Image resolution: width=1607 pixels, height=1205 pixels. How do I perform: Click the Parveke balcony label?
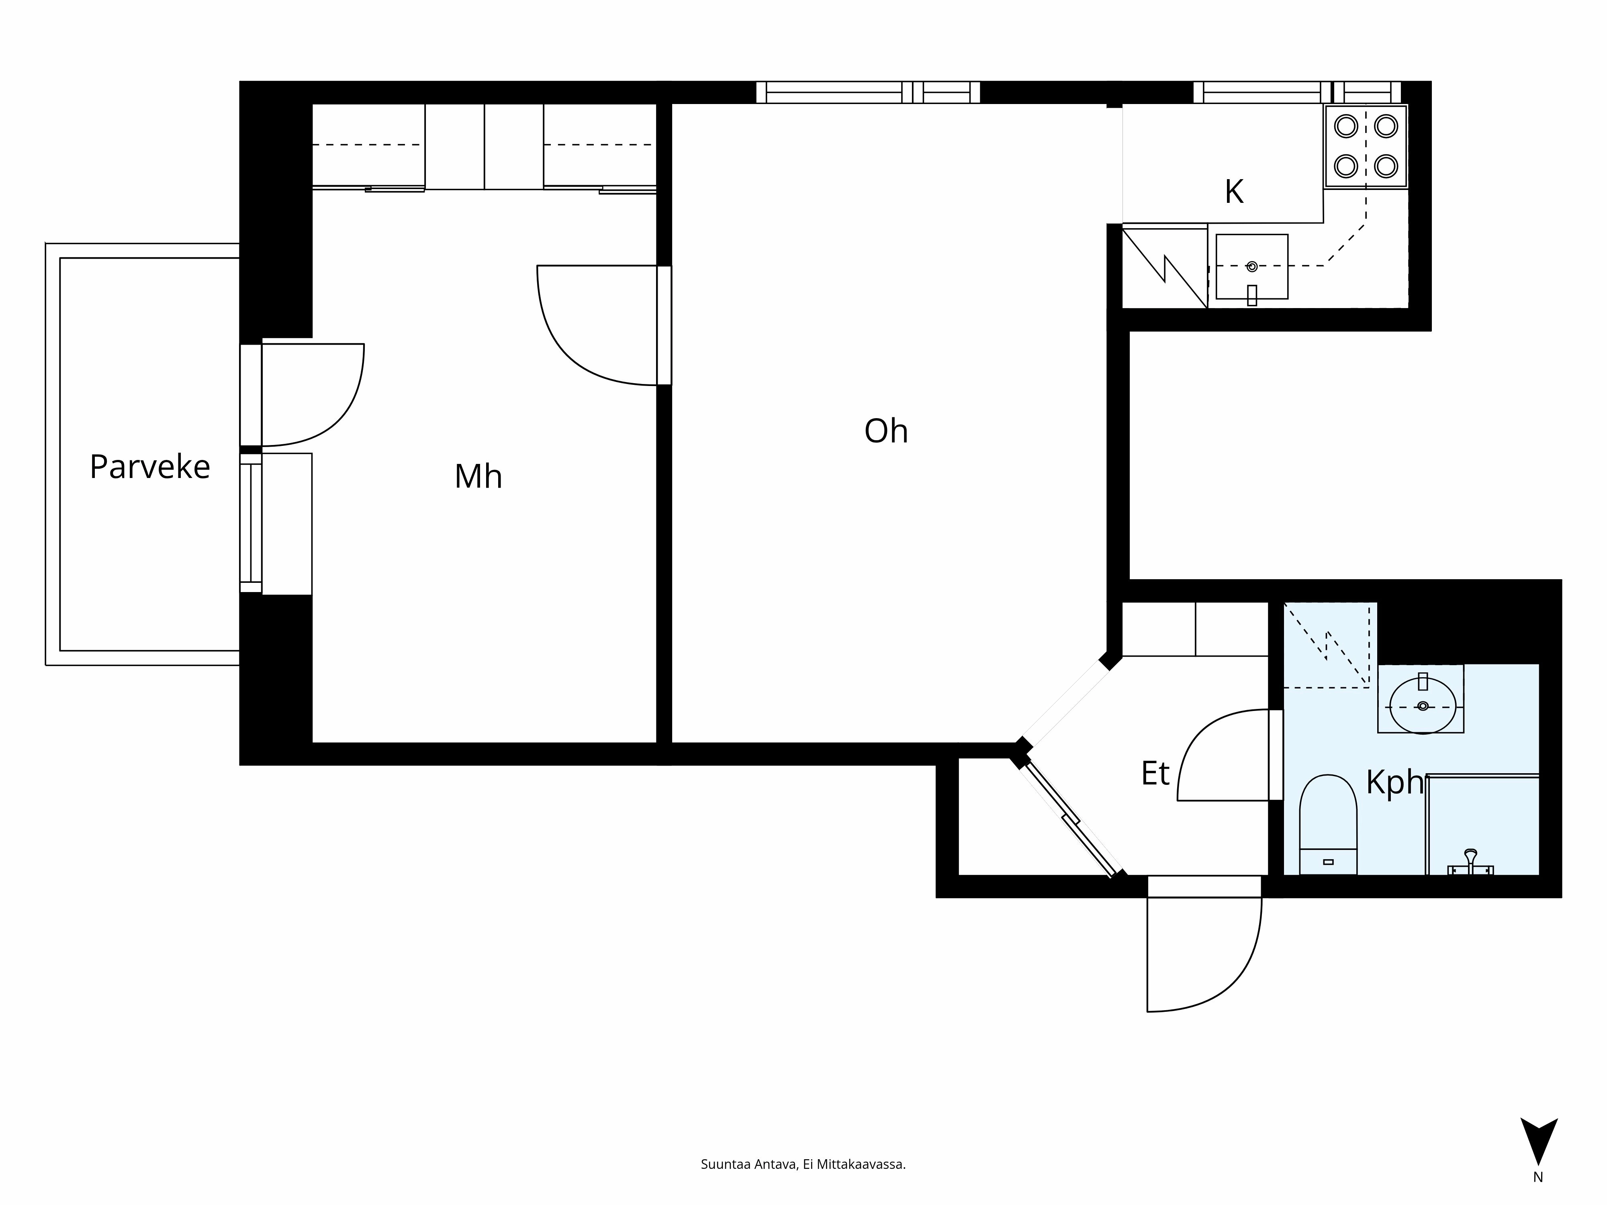[150, 467]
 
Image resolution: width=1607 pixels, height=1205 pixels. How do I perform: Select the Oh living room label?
[885, 431]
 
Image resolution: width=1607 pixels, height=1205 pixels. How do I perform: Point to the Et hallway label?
[1155, 774]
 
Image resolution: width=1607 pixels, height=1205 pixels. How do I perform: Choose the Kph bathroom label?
[1393, 782]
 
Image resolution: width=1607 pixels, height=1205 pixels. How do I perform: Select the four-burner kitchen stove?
[1366, 146]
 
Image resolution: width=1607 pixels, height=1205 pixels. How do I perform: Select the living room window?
[868, 92]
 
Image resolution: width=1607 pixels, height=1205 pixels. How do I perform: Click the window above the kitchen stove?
[1297, 92]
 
